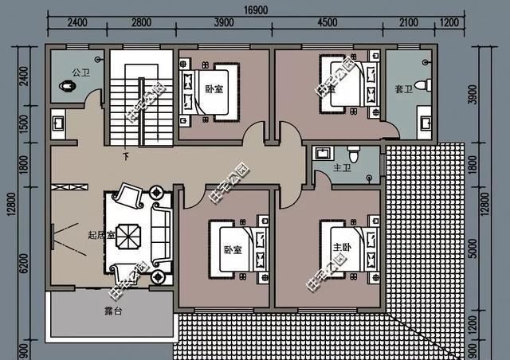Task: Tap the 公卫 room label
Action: point(80,72)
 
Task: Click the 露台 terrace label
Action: point(113,311)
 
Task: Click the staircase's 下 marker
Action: point(125,156)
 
